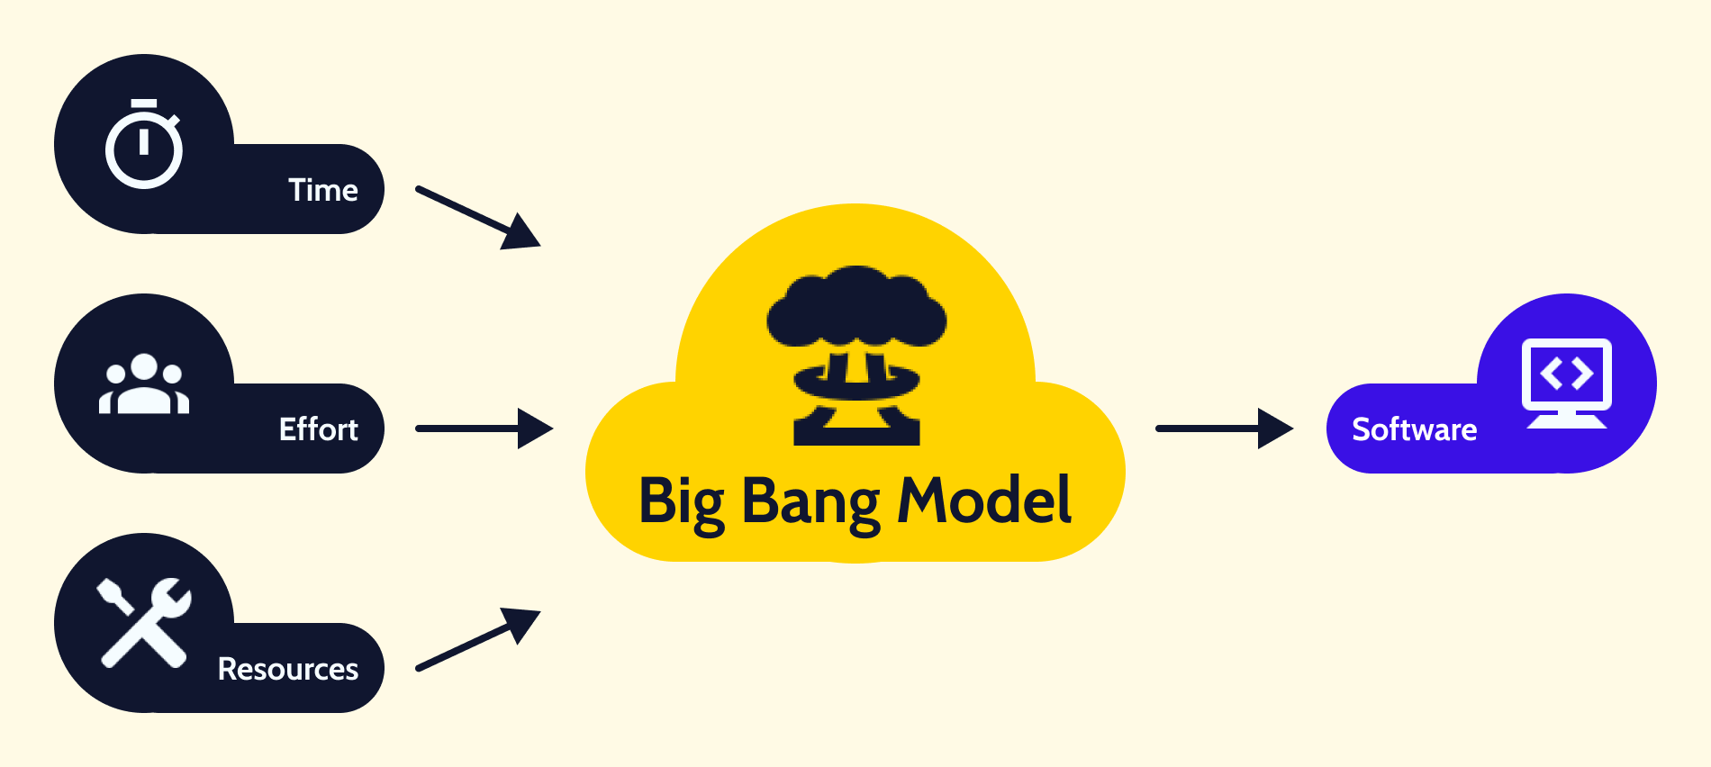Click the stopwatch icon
(x=144, y=145)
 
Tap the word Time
(x=323, y=191)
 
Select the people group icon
(x=144, y=384)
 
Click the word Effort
(x=318, y=429)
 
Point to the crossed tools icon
(x=144, y=623)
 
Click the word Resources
(x=288, y=669)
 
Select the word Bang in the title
(x=810, y=502)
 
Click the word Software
(x=1414, y=429)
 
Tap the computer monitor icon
(x=1566, y=383)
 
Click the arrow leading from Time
(x=477, y=217)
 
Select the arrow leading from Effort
(x=484, y=429)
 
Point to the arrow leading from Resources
(x=477, y=640)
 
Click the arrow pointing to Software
(x=1224, y=429)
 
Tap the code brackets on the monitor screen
(x=1566, y=373)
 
